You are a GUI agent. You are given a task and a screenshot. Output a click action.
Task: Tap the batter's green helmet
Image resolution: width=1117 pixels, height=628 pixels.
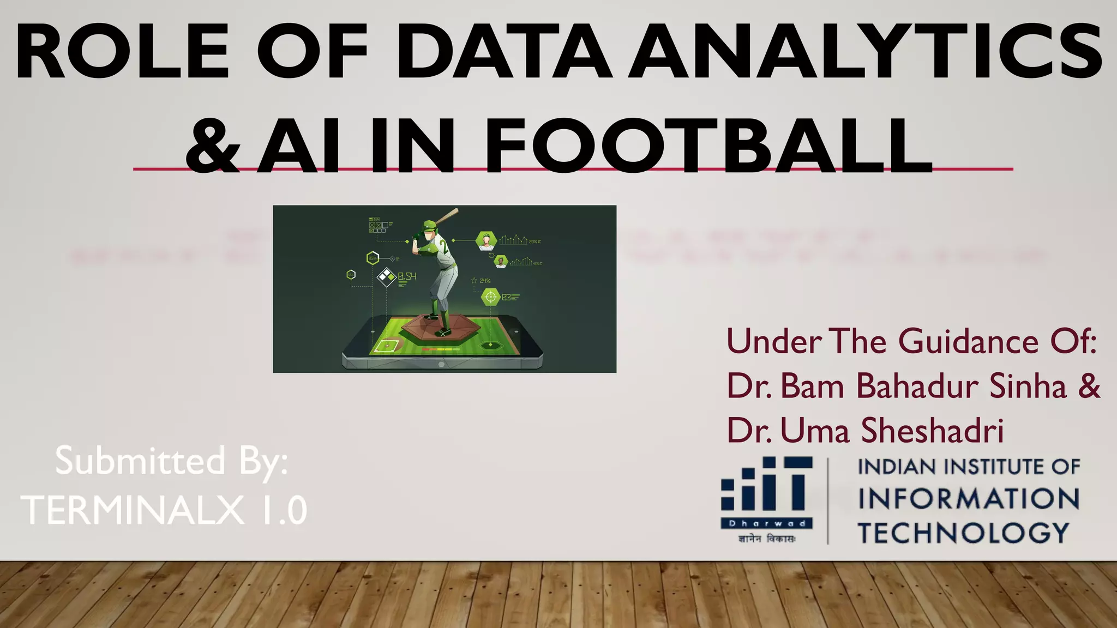[x=429, y=225]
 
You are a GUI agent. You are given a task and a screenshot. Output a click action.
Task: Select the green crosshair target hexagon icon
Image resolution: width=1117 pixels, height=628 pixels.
[x=490, y=297]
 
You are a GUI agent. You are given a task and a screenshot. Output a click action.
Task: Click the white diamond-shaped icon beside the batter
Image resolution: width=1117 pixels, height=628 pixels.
[x=387, y=277]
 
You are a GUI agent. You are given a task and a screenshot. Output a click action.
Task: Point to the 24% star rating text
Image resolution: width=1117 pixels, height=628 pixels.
[x=482, y=281]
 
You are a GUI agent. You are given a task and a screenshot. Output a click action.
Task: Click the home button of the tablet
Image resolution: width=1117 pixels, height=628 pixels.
[x=442, y=364]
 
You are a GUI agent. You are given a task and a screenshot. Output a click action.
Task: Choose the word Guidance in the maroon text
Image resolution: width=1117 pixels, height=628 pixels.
[x=968, y=342]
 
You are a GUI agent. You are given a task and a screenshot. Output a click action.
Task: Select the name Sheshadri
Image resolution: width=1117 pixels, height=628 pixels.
[x=932, y=430]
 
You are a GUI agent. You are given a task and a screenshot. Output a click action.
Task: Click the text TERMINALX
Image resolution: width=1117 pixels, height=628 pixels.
[x=134, y=511]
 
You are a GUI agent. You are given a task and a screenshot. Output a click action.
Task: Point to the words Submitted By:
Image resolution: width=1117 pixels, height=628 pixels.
[x=171, y=461]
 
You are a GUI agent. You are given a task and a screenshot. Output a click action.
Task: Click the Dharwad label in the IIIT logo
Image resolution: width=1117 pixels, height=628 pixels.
[x=767, y=523]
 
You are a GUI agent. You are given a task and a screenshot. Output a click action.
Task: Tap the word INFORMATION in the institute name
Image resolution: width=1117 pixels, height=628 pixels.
[x=969, y=499]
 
